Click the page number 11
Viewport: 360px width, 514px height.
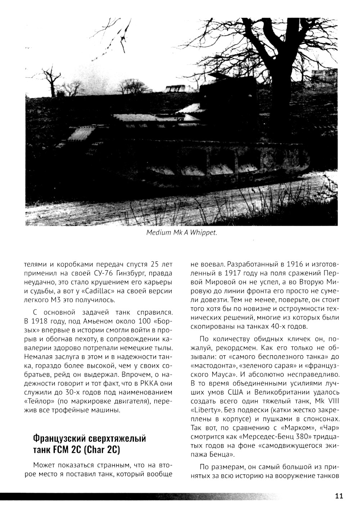coord(338,496)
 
